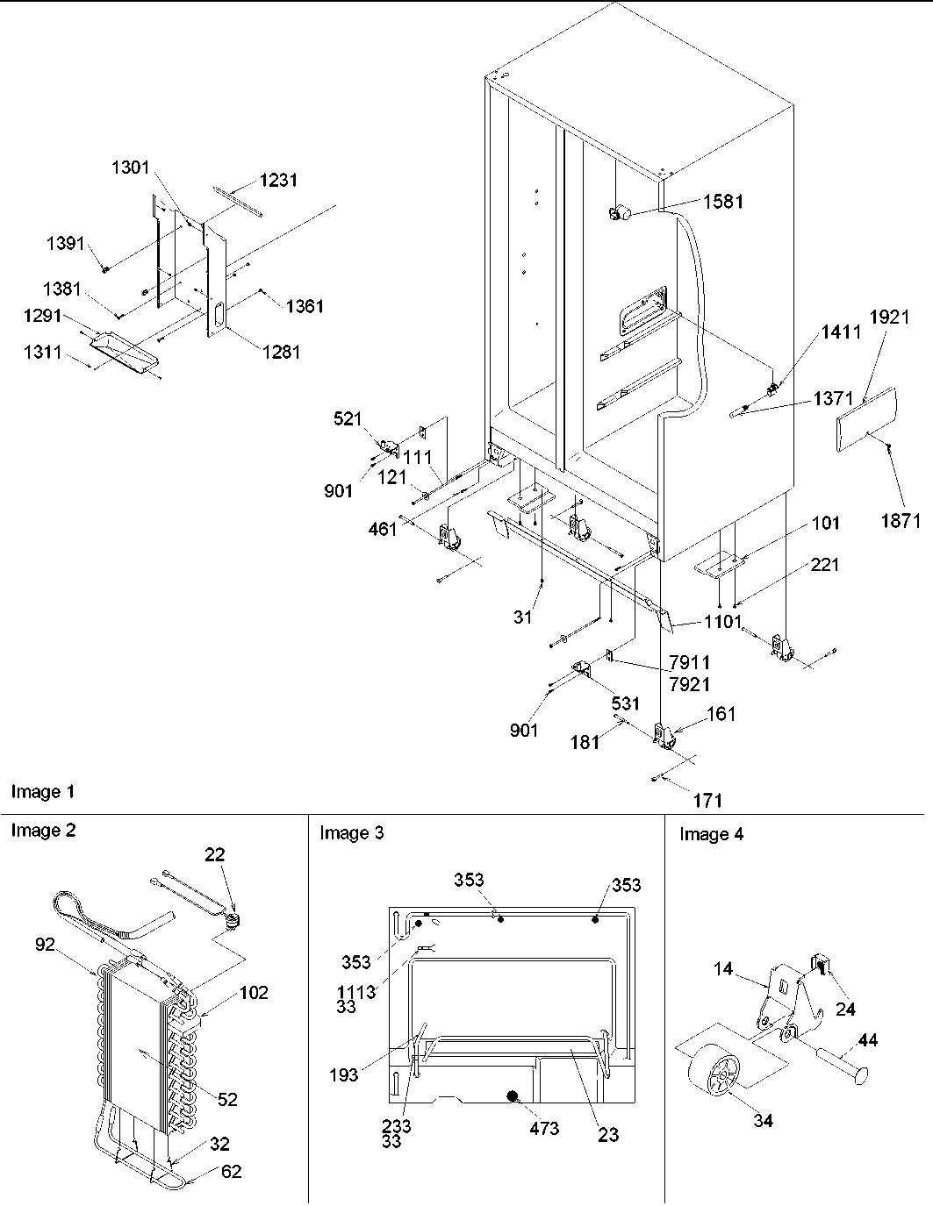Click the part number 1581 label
722,201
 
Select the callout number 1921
889,318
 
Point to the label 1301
131,168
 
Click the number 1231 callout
277,180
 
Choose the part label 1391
66,243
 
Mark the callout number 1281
280,352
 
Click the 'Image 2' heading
43,831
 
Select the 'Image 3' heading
352,832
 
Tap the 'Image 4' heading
711,834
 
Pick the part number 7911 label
689,661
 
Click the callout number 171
707,799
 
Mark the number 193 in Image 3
343,1074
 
